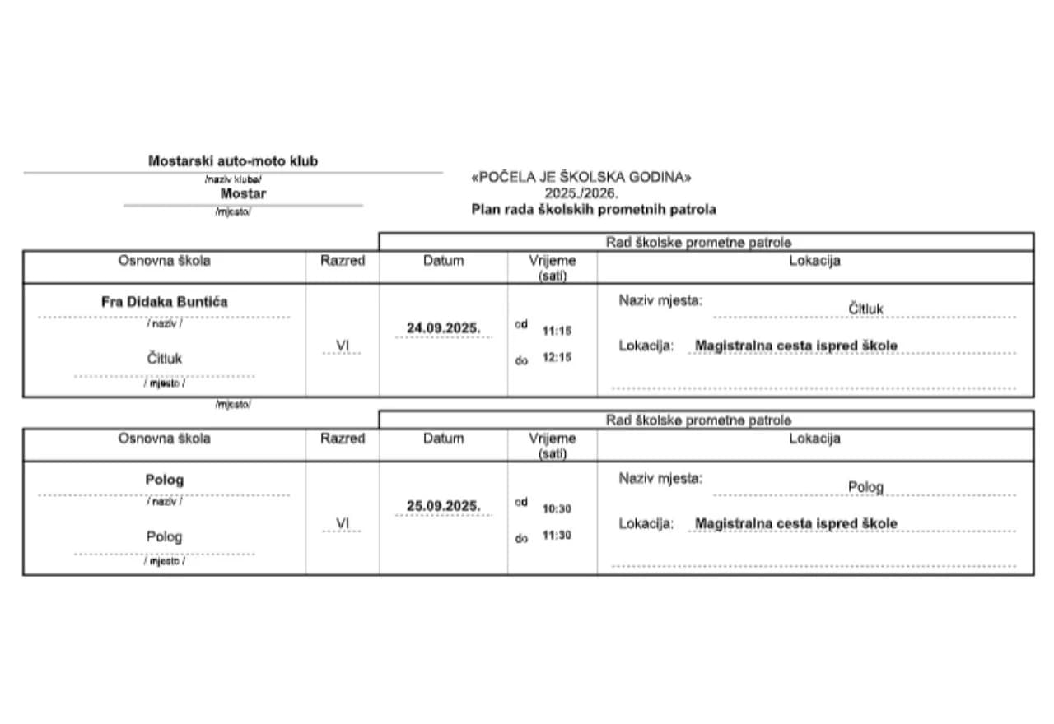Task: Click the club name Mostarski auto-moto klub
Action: pyautogui.click(x=232, y=161)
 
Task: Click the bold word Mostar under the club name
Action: pyautogui.click(x=243, y=194)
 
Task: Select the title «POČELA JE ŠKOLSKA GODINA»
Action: pyautogui.click(x=581, y=178)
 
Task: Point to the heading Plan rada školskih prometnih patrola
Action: pyautogui.click(x=593, y=210)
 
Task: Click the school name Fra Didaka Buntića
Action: pyautogui.click(x=165, y=302)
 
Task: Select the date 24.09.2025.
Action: pyautogui.click(x=443, y=328)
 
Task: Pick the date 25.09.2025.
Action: pyautogui.click(x=443, y=506)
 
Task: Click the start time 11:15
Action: pyautogui.click(x=557, y=332)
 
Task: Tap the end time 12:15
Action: pyautogui.click(x=557, y=358)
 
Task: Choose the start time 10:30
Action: pyautogui.click(x=557, y=509)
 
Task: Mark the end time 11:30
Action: pyautogui.click(x=557, y=536)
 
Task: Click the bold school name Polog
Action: pyautogui.click(x=165, y=480)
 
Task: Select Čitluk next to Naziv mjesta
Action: pyautogui.click(x=866, y=309)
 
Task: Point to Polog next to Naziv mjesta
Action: pyautogui.click(x=865, y=487)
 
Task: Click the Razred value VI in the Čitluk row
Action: pyautogui.click(x=343, y=346)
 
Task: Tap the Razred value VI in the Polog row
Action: pyautogui.click(x=343, y=524)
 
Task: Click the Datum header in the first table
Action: pyautogui.click(x=443, y=261)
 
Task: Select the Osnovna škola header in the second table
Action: pyautogui.click(x=165, y=439)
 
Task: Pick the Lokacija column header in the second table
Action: pyautogui.click(x=814, y=439)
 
